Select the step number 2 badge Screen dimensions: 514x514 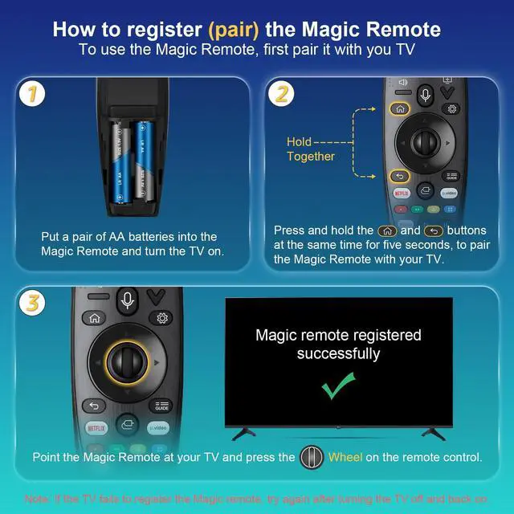[280, 95]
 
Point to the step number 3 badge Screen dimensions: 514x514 [30, 304]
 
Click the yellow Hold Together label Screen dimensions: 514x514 [310, 149]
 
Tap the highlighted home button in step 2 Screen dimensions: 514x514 [400, 108]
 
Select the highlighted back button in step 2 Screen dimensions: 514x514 [399, 176]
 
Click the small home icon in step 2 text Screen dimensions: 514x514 [386, 230]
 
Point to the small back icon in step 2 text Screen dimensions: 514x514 [433, 230]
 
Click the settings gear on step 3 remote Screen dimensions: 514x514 [162, 317]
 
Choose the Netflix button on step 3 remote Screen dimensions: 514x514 [95, 427]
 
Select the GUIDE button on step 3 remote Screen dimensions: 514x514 [161, 406]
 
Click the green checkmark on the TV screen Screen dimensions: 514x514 [338, 388]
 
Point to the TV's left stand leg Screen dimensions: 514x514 [243, 434]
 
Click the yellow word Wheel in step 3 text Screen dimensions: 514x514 [345, 458]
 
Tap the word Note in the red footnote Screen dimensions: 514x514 [37, 498]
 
